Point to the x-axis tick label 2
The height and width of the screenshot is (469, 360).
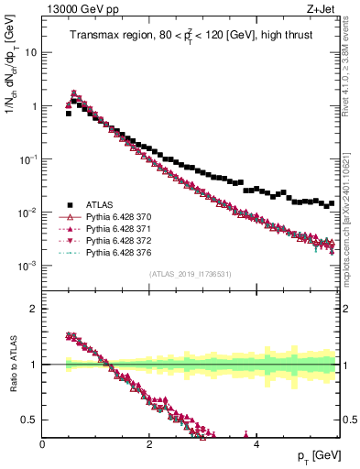(x=149, y=444)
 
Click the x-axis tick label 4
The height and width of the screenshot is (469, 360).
(x=256, y=444)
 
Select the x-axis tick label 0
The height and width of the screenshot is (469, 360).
(x=42, y=444)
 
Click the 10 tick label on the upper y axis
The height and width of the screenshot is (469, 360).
(x=30, y=52)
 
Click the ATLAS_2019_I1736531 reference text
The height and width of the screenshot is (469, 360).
(x=191, y=274)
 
